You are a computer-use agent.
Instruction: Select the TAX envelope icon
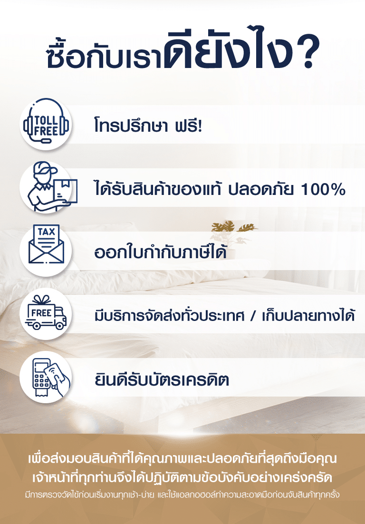46,244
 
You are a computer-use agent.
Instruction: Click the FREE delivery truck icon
46,313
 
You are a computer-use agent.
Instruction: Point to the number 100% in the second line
323,189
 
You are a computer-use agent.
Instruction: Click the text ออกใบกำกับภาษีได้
160,252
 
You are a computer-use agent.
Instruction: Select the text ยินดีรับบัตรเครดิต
162,379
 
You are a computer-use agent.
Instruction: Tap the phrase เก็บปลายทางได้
308,315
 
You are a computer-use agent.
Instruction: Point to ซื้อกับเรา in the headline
105,56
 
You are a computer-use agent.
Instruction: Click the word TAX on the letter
47,232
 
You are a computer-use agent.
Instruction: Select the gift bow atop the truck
41,300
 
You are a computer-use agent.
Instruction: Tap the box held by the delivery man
65,191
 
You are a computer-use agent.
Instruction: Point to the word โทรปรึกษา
130,126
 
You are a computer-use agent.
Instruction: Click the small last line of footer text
182,495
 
